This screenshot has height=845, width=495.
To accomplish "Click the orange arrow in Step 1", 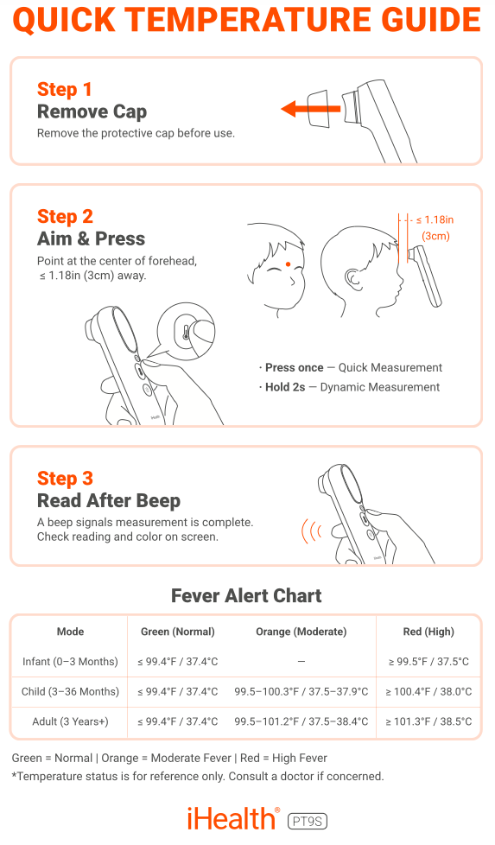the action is (x=310, y=109).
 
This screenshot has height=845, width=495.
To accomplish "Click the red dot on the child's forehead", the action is (x=289, y=264).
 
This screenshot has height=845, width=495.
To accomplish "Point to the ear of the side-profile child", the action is (x=352, y=278).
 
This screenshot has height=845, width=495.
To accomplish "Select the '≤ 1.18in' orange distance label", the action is (x=435, y=219).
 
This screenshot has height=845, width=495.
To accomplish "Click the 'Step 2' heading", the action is (x=65, y=216).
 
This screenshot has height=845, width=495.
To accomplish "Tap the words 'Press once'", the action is (x=294, y=367).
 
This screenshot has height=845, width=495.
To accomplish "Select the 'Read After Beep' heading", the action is (x=109, y=500).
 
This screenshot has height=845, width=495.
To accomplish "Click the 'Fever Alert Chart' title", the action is (x=247, y=595).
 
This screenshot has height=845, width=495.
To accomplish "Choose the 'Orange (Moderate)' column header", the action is (x=301, y=632).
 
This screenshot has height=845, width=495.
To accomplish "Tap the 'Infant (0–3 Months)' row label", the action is (x=70, y=662).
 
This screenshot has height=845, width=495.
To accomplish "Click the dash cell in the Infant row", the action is (x=301, y=661).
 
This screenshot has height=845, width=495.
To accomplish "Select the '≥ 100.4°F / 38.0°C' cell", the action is (x=428, y=691).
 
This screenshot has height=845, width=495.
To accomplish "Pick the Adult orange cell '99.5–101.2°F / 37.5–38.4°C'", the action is (x=301, y=721).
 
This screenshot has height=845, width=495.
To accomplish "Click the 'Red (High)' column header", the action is (x=428, y=632).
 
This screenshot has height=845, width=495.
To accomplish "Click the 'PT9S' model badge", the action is (x=308, y=822).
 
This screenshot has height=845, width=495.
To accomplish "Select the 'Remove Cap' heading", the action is (x=92, y=111).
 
